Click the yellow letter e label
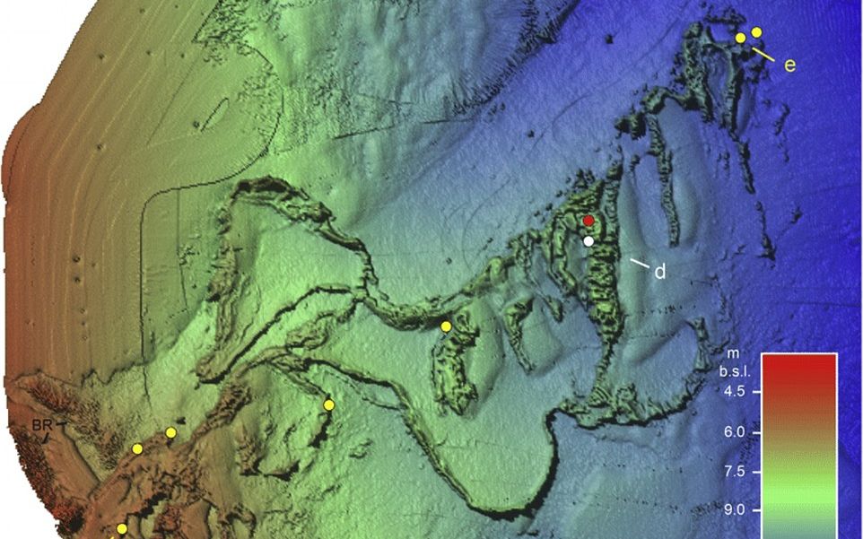pos(789,65)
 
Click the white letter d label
pos(659,271)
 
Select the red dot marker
pos(588,221)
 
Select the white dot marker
pos(588,240)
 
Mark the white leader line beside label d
pos(640,264)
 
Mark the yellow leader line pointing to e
pos(763,55)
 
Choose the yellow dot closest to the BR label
pos(137,448)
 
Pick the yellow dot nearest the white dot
pos(446,326)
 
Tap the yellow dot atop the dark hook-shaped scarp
pos(328,405)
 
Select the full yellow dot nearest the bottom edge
pos(122,529)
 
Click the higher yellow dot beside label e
pos(756,32)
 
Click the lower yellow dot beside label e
pos(740,38)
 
